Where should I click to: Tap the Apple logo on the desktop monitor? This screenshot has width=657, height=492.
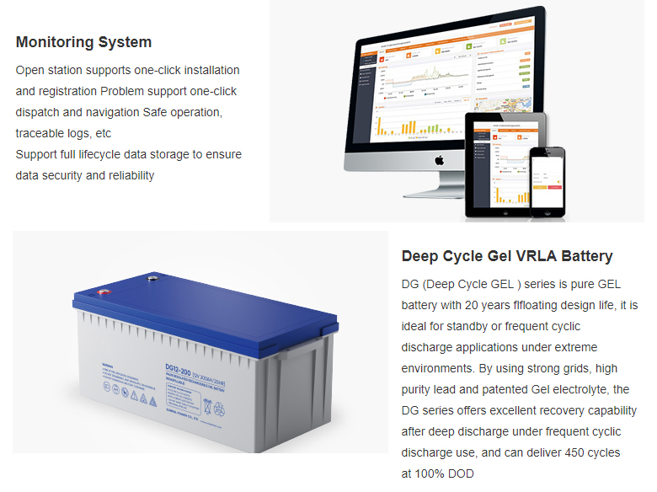(438, 158)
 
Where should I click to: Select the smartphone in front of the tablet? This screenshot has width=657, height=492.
(546, 178)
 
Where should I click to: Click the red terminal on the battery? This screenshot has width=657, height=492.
(104, 294)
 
